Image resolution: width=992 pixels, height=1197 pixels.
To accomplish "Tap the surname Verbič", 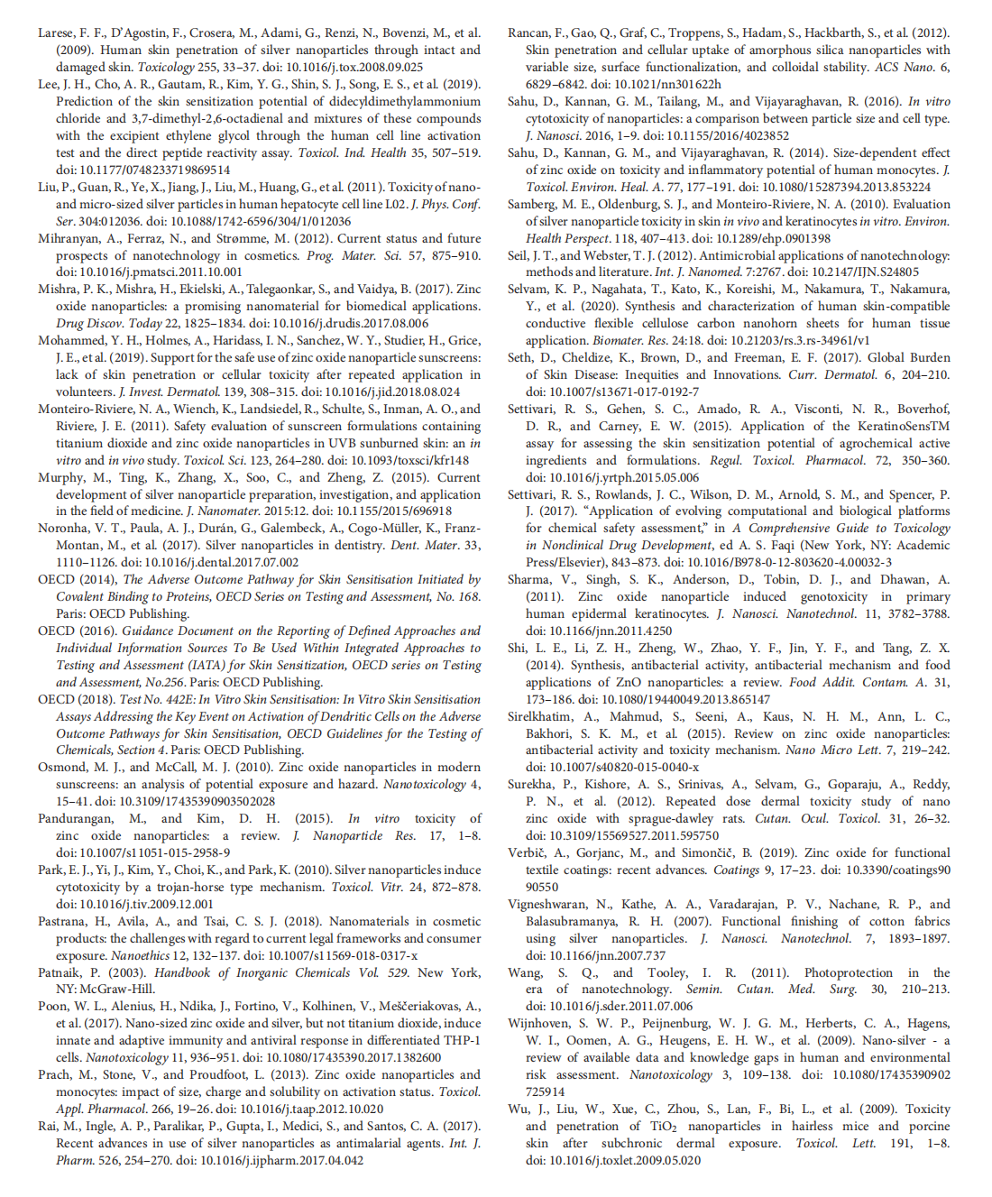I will pos(527,852).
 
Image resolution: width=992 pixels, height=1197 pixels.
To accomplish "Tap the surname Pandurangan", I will pos(75,818).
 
